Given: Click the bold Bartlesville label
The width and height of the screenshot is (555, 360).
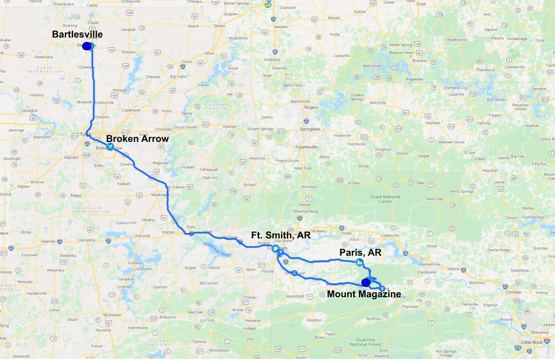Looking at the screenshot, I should pyautogui.click(x=77, y=34).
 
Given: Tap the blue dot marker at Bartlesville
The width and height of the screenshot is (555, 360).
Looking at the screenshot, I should pyautogui.click(x=87, y=46).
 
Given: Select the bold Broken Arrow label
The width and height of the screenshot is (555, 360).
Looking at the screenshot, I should pyautogui.click(x=137, y=138).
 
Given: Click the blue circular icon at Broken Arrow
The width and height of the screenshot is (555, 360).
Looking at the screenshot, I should pyautogui.click(x=110, y=146).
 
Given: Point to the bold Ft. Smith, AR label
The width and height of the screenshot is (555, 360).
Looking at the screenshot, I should pyautogui.click(x=280, y=235).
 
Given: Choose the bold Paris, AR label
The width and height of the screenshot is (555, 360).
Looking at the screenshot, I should pyautogui.click(x=360, y=252).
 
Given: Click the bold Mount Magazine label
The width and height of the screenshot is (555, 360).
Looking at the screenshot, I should pyautogui.click(x=364, y=294).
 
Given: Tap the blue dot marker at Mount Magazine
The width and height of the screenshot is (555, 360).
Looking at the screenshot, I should pyautogui.click(x=366, y=282).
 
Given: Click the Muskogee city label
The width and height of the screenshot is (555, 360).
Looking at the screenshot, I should pyautogui.click(x=158, y=195).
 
